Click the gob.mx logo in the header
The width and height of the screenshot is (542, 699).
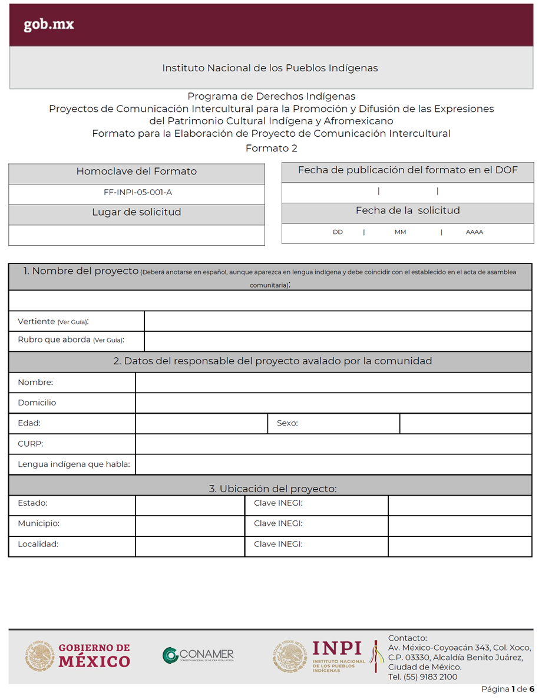click(x=49, y=25)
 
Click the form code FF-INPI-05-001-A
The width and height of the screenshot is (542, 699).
click(x=137, y=192)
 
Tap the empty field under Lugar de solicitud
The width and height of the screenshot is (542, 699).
click(x=137, y=235)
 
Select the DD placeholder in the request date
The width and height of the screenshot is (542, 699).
click(x=338, y=232)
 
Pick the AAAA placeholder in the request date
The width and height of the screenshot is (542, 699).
click(x=474, y=232)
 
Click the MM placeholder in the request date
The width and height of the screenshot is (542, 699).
click(x=401, y=232)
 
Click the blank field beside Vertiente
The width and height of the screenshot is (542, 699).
click(x=338, y=321)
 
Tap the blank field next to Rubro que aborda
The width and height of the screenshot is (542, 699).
click(x=338, y=341)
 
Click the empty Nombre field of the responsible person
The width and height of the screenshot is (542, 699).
click(x=333, y=383)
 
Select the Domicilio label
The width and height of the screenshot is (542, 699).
click(x=37, y=403)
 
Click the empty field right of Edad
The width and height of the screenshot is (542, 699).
click(x=201, y=424)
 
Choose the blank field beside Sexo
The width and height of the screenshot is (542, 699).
click(x=465, y=424)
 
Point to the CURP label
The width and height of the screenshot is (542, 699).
click(x=31, y=444)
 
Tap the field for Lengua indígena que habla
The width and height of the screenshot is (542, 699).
click(x=333, y=464)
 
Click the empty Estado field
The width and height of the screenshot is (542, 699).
click(x=190, y=505)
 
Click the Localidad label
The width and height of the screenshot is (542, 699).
click(x=38, y=545)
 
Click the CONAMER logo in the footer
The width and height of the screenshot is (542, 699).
click(x=198, y=655)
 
